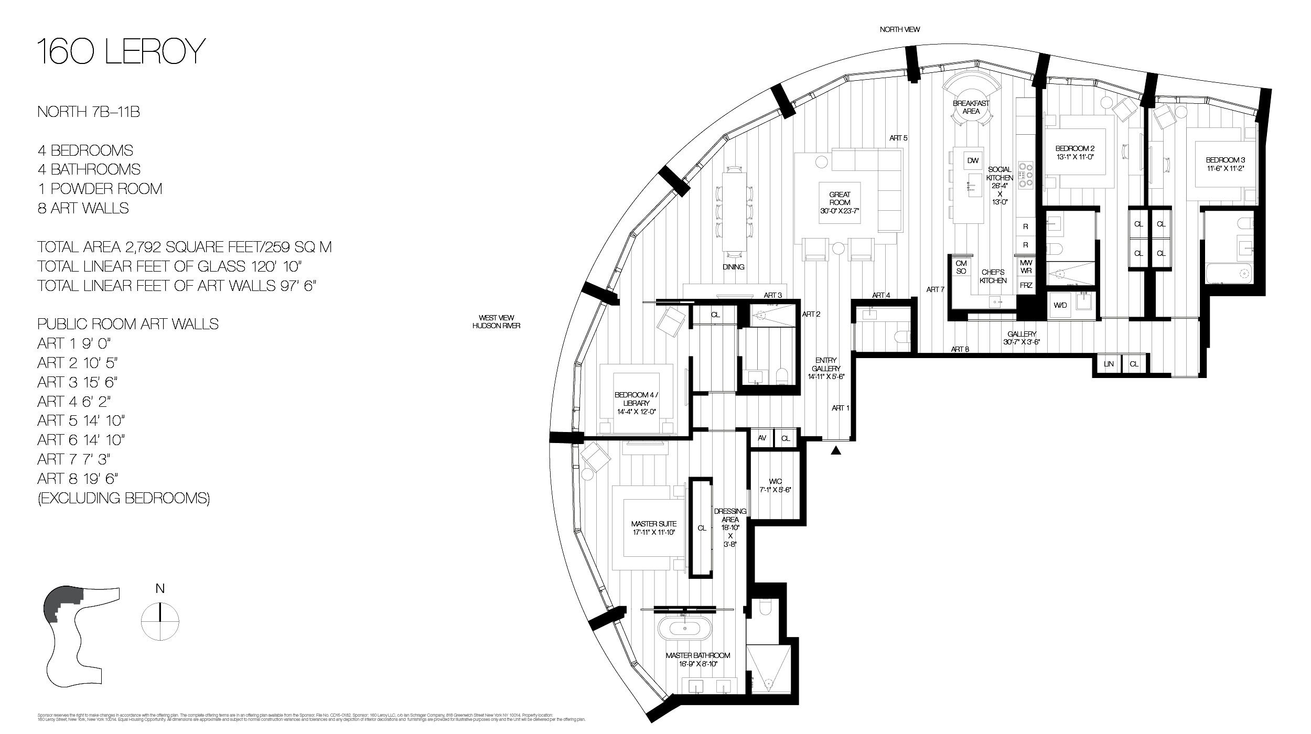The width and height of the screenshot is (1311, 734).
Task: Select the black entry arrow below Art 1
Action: [x=836, y=450]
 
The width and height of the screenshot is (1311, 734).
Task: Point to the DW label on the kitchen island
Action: [x=973, y=161]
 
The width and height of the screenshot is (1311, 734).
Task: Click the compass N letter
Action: [x=160, y=589]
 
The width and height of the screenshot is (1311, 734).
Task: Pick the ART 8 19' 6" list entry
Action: [x=78, y=478]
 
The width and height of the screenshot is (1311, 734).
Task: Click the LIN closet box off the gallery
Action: [x=1109, y=364]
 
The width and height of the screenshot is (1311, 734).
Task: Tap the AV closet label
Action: [x=762, y=438]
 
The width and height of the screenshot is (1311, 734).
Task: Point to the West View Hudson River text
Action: [x=496, y=321]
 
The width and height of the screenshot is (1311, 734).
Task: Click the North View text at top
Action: [x=899, y=29]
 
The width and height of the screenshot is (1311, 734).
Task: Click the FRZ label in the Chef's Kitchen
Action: [x=1026, y=286]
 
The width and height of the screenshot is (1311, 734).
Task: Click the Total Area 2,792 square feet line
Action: [x=184, y=247]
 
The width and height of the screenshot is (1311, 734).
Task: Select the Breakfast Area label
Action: [x=971, y=107]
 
